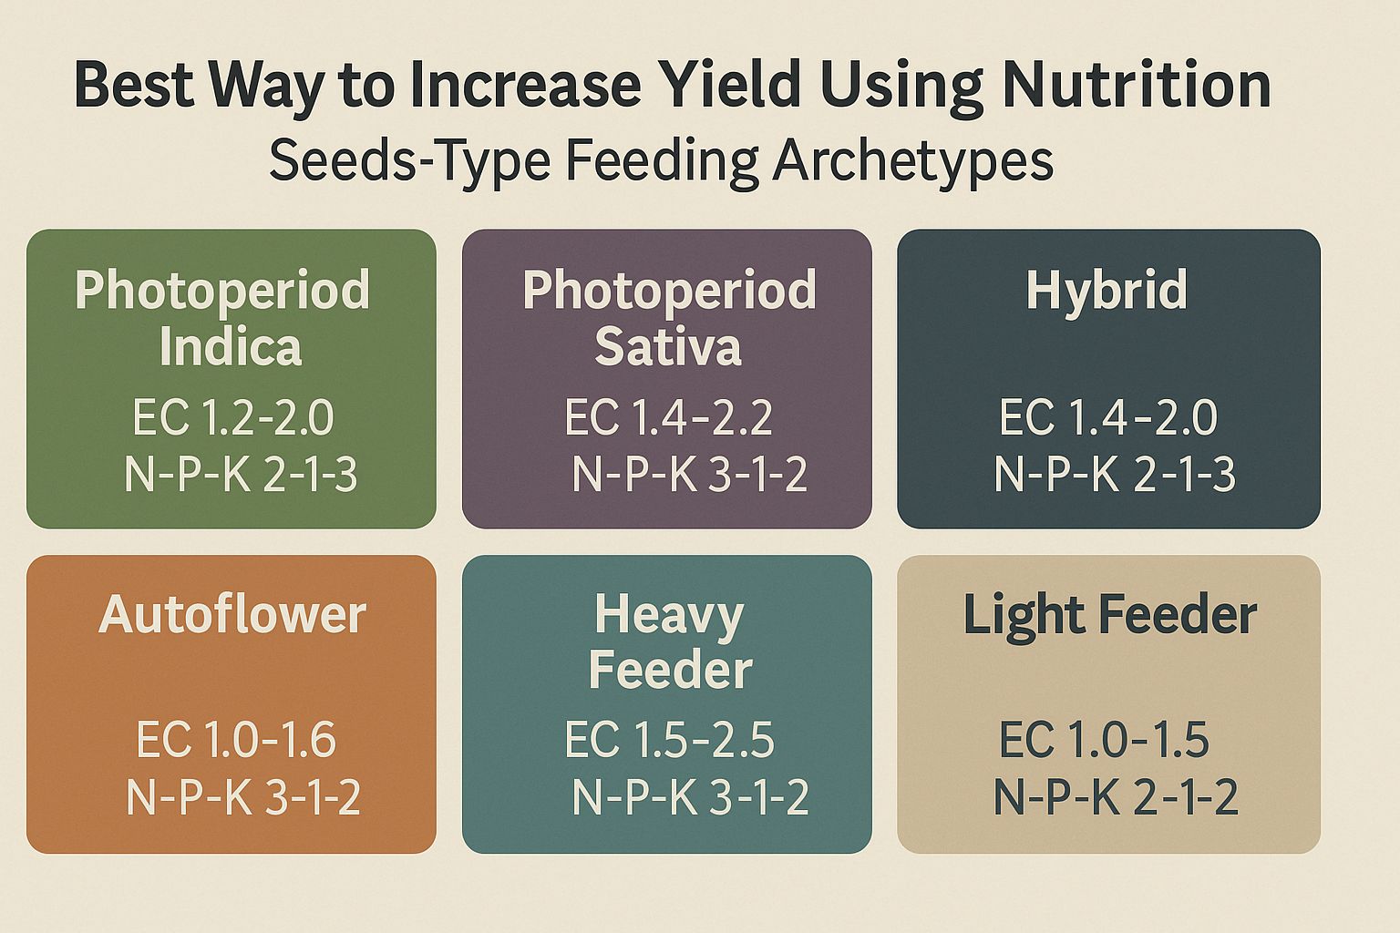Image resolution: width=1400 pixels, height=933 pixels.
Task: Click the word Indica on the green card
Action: [x=230, y=348]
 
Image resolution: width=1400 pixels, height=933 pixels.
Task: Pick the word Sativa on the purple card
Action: [x=668, y=348]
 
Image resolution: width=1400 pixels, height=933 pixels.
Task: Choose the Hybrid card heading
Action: [x=1107, y=291]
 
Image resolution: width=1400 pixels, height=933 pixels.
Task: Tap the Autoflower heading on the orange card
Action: [x=232, y=615]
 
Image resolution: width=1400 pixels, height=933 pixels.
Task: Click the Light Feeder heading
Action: [x=1109, y=615]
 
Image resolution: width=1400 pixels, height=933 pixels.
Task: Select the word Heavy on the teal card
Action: [x=668, y=615]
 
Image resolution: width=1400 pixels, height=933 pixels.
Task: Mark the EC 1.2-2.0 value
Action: [x=233, y=417]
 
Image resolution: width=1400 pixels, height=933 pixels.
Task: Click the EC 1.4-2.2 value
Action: [x=668, y=417]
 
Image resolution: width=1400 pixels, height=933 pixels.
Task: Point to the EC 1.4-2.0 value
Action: [x=1107, y=417]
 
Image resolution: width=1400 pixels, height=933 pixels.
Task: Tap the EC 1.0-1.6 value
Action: [x=236, y=739]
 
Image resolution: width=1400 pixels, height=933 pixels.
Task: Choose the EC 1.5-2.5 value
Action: [x=669, y=739]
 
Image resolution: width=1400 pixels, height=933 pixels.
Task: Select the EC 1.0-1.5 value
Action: [x=1104, y=739]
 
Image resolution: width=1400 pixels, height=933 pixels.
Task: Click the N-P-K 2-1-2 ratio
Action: [x=1115, y=797]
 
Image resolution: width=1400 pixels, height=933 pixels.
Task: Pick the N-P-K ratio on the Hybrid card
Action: [x=1114, y=475]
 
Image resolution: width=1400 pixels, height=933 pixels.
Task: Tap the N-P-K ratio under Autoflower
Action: [x=242, y=797]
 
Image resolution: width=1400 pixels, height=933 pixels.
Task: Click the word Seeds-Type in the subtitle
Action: [x=409, y=161]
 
